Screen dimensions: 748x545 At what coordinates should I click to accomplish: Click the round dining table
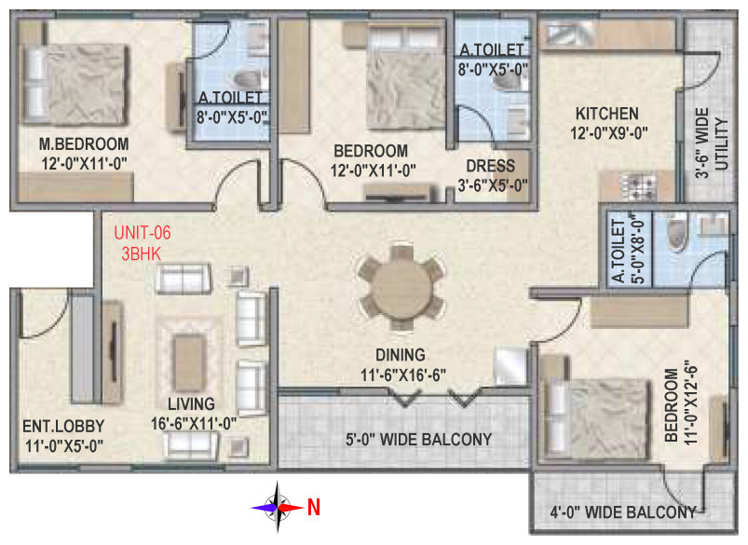pos(401,288)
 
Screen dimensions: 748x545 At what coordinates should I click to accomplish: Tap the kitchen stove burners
pos(637,187)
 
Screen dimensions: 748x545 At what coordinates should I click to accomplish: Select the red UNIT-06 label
pos(143,233)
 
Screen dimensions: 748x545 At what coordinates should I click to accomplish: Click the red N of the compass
pos(313,508)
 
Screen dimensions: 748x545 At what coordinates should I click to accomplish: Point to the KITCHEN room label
pos(606,114)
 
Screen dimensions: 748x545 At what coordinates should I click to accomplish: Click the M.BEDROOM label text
pos(84,143)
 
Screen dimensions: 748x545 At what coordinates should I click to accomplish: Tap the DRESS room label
pos(490,166)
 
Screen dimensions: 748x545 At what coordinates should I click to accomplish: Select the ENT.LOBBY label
pos(63,426)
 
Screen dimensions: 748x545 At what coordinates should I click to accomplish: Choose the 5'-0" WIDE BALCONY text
pos(419,439)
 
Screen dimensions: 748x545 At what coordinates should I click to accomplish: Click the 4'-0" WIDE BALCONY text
pos(622,512)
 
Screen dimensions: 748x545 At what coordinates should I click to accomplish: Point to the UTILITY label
pos(722,143)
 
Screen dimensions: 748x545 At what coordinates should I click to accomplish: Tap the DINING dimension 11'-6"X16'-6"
pos(403,375)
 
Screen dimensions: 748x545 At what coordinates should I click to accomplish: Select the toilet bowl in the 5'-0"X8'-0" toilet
pos(676,232)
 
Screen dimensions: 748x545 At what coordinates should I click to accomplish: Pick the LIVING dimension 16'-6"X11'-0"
pos(194,423)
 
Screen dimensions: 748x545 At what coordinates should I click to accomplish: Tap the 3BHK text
pos(142,254)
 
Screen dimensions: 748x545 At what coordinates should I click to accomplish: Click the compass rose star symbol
pos(278,508)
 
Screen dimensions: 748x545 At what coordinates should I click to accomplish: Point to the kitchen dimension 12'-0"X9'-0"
pos(608,133)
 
